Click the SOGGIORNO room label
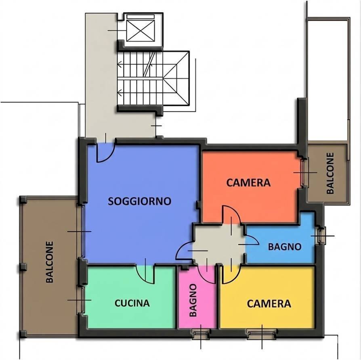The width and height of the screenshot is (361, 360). point(140,201)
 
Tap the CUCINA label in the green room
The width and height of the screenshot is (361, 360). point(132,303)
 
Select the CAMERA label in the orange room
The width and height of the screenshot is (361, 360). point(248,183)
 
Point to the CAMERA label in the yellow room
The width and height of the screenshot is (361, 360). point(269,303)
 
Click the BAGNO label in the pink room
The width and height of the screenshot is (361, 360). point(193,300)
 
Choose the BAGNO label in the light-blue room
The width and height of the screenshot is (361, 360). point(285,247)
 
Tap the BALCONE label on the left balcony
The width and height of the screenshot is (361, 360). point(50,262)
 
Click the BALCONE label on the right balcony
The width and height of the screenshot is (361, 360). point(330,173)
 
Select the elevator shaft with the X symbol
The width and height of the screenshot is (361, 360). point(141,31)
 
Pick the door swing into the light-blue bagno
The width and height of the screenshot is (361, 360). point(252,240)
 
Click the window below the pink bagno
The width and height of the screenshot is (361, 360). point(201,334)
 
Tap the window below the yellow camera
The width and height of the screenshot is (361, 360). point(262,334)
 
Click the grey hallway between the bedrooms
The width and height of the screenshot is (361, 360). point(219,245)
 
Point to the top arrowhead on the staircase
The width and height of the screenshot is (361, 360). point(119,65)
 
